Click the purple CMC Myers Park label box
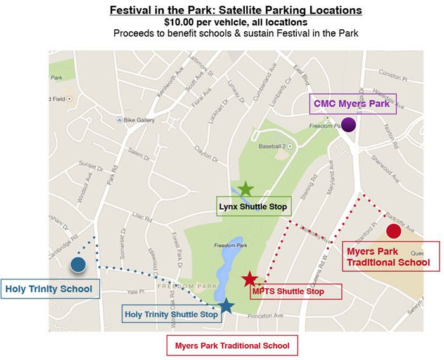(353, 103)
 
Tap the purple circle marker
(348, 124)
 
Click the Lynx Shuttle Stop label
(253, 206)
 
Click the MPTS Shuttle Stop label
(288, 291)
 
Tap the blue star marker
(226, 307)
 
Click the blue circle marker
(79, 265)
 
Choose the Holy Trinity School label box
(49, 290)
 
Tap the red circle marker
(393, 231)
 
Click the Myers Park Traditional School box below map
(232, 346)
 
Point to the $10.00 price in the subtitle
(183, 23)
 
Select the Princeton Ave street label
(270, 316)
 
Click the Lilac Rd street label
(143, 218)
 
